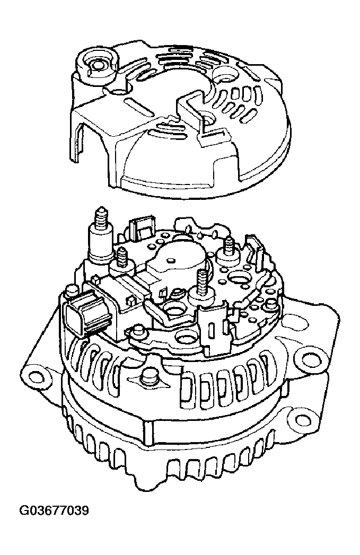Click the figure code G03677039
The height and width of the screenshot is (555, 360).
(54, 511)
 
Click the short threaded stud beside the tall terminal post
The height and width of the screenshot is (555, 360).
(122, 258)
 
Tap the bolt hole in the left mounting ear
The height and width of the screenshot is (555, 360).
(36, 375)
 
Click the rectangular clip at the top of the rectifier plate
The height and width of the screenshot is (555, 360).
(141, 230)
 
